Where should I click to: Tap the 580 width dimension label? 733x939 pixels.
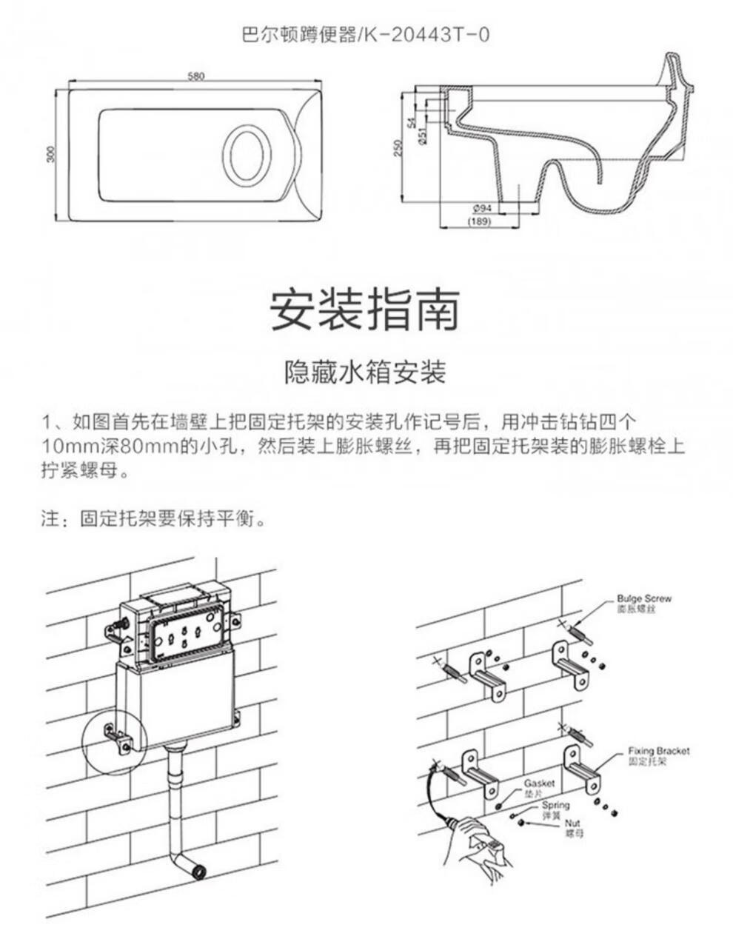coord(195,76)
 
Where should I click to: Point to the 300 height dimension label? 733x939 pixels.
coord(50,154)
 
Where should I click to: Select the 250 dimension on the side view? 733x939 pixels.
coord(398,147)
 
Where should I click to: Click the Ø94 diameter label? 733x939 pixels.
coord(481,209)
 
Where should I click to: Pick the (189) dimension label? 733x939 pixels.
coord(479,221)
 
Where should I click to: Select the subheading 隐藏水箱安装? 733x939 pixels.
coord(365,372)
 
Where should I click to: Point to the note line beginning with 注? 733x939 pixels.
coord(153,518)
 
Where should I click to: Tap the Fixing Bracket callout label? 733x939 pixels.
coord(658,755)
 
